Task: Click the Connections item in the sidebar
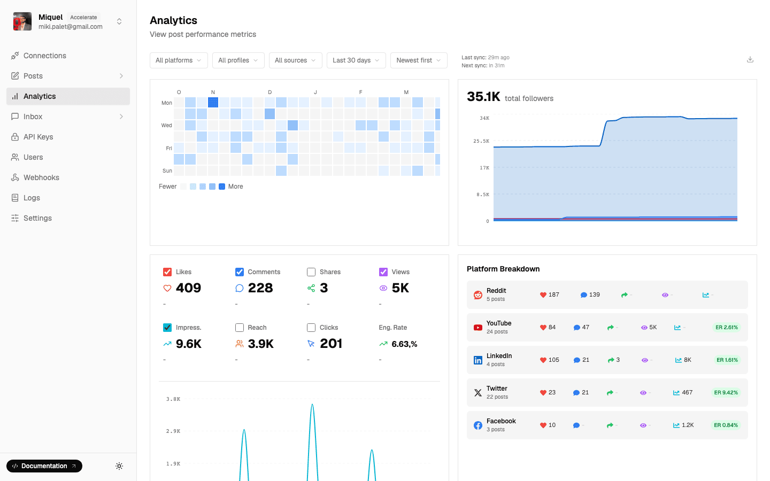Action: [x=44, y=56]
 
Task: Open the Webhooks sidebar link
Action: [x=41, y=177]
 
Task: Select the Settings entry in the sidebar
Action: [x=37, y=218]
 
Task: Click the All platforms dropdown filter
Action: [x=179, y=60]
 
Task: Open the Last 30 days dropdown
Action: [x=356, y=60]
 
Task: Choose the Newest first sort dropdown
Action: [x=419, y=60]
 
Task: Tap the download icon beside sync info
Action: [x=750, y=60]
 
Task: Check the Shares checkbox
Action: [x=311, y=272]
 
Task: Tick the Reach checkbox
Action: [x=240, y=328]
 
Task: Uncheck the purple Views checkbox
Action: [x=383, y=272]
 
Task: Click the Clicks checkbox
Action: [x=311, y=328]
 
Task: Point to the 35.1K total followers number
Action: [x=483, y=97]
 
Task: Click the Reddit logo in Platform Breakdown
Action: [x=478, y=295]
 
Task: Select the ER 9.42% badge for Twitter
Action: [x=726, y=393]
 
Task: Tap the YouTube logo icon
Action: [x=478, y=328]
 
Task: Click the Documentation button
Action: [x=44, y=466]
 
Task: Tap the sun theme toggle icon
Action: [x=119, y=466]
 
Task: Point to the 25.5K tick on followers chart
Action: [x=481, y=141]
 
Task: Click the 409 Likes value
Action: [x=188, y=288]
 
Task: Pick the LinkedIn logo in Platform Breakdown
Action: [x=478, y=360]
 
